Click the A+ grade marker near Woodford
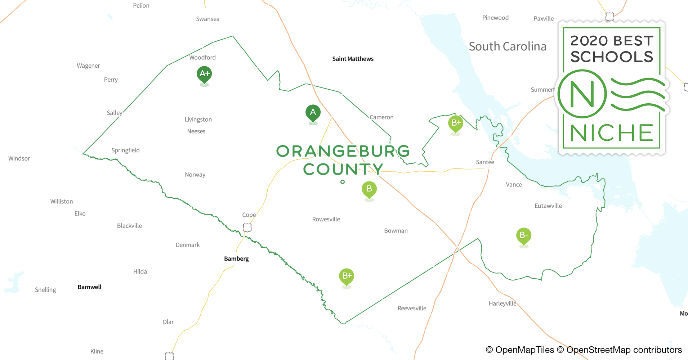point(204,74)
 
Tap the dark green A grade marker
point(313,112)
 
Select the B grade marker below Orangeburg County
point(369,189)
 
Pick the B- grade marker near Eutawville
point(524,235)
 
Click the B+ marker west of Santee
point(456,123)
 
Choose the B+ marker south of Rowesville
point(347,276)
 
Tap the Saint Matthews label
point(353,59)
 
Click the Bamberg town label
point(236,258)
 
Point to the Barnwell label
point(89,287)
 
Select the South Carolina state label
point(508,46)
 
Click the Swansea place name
point(207,19)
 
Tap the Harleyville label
point(502,303)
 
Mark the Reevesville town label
point(412,308)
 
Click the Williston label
point(62,202)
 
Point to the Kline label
point(97,351)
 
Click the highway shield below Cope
point(247,228)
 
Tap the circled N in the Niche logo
point(582,94)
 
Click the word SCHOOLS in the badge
point(612,57)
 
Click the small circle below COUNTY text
point(343,182)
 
